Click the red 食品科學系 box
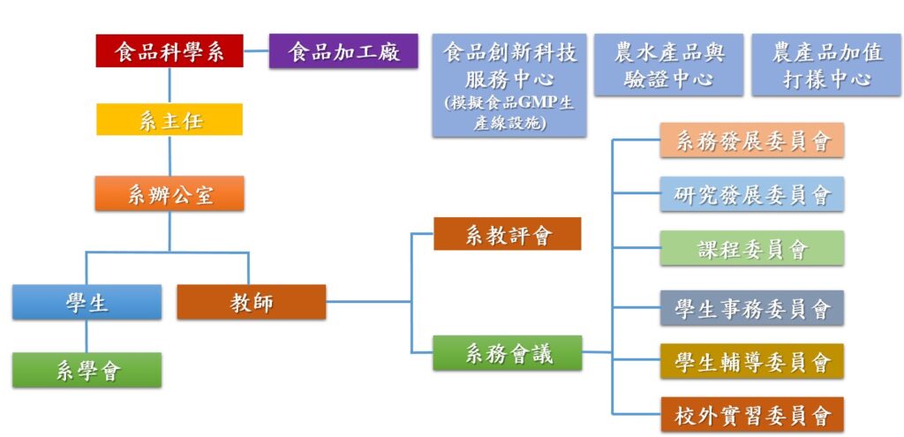pyautogui.click(x=169, y=51)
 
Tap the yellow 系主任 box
pyautogui.click(x=169, y=119)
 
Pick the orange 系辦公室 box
pyautogui.click(x=169, y=193)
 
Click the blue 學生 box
pyautogui.click(x=87, y=302)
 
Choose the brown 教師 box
pyautogui.click(x=252, y=302)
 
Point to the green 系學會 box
pyautogui.click(x=87, y=370)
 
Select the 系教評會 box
pyautogui.click(x=507, y=234)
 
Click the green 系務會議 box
pyautogui.click(x=507, y=353)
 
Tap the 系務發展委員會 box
pyautogui.click(x=752, y=140)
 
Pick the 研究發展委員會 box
pyautogui.click(x=752, y=194)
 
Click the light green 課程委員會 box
pyautogui.click(x=752, y=248)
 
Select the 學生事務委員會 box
pyautogui.click(x=752, y=308)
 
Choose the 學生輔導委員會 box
pyautogui.click(x=752, y=361)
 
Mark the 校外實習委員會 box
pyautogui.click(x=752, y=415)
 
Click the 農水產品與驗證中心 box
pyautogui.click(x=669, y=65)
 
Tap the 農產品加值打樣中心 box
pyautogui.click(x=827, y=65)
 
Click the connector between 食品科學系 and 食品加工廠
pyautogui.click(x=256, y=51)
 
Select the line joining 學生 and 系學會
pyautogui.click(x=87, y=335)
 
